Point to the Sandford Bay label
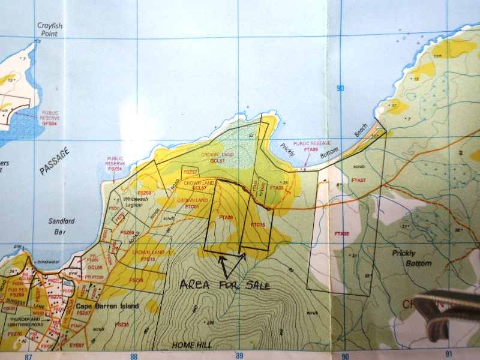coord(62,226)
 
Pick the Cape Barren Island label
coord(107,306)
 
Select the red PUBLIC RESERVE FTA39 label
coord(311,146)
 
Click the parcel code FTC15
coord(258,224)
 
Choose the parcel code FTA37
coord(359,180)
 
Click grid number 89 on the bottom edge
coord(240,355)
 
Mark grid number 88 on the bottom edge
coord(133,355)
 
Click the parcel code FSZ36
coord(136,280)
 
